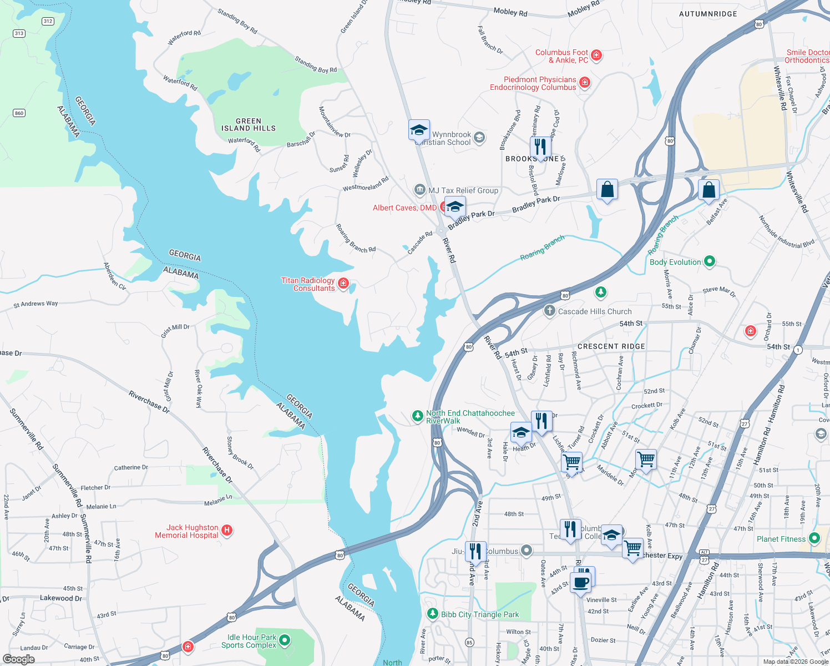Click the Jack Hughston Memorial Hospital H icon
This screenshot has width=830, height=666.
tap(226, 531)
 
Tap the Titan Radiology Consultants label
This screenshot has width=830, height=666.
tap(308, 284)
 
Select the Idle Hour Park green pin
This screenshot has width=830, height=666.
tap(285, 640)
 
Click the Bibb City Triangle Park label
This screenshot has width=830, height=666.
tap(480, 614)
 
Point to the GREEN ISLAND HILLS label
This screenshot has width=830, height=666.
tap(248, 124)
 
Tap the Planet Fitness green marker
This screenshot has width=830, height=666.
tap(814, 538)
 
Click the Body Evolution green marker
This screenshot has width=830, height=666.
tap(709, 261)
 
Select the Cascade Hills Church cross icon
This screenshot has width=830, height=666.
tap(549, 311)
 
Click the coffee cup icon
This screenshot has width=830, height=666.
tap(581, 583)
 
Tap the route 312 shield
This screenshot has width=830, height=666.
tap(48, 21)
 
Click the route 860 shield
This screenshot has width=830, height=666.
tap(19, 113)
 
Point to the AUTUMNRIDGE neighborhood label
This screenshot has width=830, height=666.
tap(708, 14)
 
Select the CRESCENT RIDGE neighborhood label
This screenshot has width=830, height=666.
tap(611, 346)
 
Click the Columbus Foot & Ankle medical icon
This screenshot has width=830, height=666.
tap(596, 55)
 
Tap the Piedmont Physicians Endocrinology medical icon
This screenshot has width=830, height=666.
tap(584, 83)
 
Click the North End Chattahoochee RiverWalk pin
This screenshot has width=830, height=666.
tap(417, 416)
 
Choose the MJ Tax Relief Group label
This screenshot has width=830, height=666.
tap(463, 190)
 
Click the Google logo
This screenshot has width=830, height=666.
tap(19, 659)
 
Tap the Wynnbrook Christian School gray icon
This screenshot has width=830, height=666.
tap(479, 137)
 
